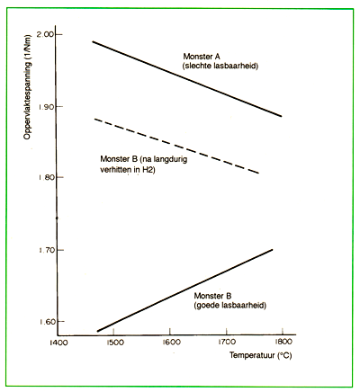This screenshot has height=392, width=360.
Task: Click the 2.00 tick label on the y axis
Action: point(45,34)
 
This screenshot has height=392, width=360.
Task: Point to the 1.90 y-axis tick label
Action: point(46,107)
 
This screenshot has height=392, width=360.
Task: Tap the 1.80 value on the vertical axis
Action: point(46,177)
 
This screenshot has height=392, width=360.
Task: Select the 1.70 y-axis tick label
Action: point(46,250)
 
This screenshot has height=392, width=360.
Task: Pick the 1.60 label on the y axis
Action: point(46,321)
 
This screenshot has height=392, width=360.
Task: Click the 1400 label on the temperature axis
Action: point(58,343)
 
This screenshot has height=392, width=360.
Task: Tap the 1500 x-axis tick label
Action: point(115,342)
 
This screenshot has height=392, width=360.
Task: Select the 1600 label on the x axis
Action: point(171,342)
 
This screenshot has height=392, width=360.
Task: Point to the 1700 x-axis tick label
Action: point(227,342)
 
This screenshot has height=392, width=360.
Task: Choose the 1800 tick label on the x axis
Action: point(283,342)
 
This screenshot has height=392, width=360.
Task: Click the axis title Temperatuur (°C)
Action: point(261,355)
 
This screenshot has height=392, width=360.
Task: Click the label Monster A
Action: point(202,56)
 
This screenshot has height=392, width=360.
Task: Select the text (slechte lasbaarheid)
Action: point(220,66)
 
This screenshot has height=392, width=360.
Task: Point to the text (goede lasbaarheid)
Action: point(230,306)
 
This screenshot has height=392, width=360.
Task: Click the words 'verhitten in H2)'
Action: point(128,170)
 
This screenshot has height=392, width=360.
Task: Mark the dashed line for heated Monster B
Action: point(176,146)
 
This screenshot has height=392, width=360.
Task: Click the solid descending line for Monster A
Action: point(187,78)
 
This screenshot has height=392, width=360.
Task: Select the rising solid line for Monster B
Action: point(184,290)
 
